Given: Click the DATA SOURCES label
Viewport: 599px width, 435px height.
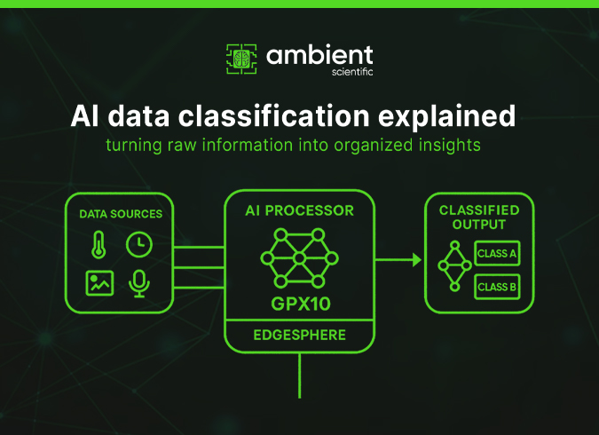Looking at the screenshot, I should [x=121, y=214].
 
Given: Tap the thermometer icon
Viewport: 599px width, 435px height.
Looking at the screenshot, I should [x=99, y=244].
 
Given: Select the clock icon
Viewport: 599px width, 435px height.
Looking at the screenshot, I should [x=138, y=244].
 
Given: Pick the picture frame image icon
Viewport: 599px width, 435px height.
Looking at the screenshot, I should [x=99, y=282].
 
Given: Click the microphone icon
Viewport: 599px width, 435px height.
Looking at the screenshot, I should [x=138, y=282].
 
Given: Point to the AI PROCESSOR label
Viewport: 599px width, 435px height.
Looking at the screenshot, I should [x=299, y=211].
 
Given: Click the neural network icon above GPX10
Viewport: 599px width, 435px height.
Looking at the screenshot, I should [x=299, y=258].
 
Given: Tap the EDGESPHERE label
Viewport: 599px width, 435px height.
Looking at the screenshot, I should [x=299, y=336].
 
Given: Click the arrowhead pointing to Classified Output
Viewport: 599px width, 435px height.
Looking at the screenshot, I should [x=414, y=260].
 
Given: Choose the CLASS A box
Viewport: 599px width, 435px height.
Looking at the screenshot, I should [x=497, y=254].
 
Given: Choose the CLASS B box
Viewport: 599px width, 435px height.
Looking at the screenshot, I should [x=497, y=287].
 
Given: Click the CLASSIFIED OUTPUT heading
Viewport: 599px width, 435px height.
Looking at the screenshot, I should [x=479, y=217].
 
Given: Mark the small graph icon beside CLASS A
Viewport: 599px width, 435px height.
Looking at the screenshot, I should [x=453, y=265].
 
